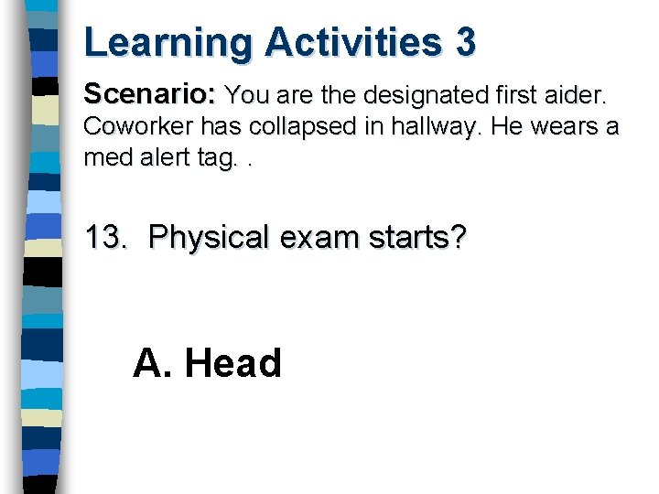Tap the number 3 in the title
tap(465, 43)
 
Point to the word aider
tap(577, 94)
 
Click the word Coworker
tap(143, 126)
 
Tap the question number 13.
tap(106, 239)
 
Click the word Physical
tap(211, 239)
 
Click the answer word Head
tap(232, 363)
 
